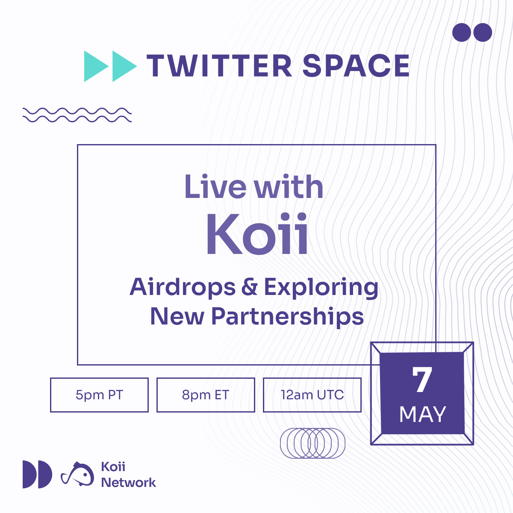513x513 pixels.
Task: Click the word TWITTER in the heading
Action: (x=219, y=66)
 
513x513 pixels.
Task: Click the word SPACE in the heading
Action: (x=356, y=66)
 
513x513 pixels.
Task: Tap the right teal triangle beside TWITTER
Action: (x=124, y=66)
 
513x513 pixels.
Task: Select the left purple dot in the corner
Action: (x=461, y=32)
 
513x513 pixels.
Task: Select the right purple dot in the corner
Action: (x=483, y=32)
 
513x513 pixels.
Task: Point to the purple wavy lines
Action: (x=77, y=115)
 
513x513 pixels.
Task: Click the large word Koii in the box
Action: (x=257, y=234)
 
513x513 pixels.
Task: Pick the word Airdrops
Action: (x=183, y=287)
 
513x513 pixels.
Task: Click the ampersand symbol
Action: (x=249, y=287)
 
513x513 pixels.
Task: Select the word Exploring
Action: (x=321, y=288)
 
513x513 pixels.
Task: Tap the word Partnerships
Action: (x=288, y=317)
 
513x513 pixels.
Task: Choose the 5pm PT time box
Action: (x=99, y=395)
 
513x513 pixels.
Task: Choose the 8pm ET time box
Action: (x=206, y=395)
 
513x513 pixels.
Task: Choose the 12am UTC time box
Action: (x=312, y=395)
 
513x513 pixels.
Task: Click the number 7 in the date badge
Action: (x=422, y=379)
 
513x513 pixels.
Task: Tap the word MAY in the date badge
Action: (x=422, y=415)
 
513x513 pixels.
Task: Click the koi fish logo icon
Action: (x=77, y=474)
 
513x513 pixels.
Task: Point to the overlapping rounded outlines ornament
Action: (x=313, y=443)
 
